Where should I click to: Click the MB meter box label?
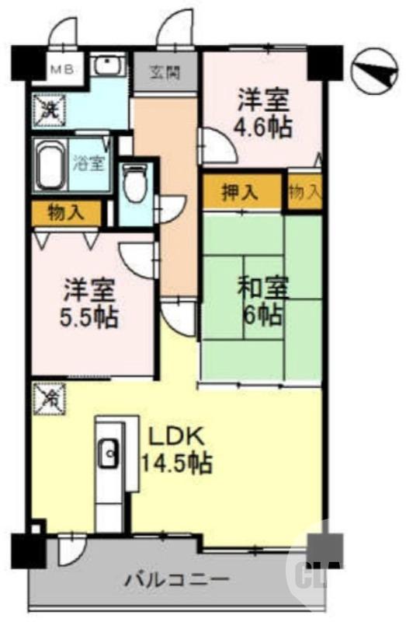(x=62, y=69)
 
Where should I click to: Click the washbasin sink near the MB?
(x=109, y=66)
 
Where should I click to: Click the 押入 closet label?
(x=239, y=192)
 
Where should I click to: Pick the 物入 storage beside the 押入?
(x=304, y=192)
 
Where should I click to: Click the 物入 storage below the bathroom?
(x=66, y=211)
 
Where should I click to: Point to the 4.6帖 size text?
(x=264, y=127)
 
